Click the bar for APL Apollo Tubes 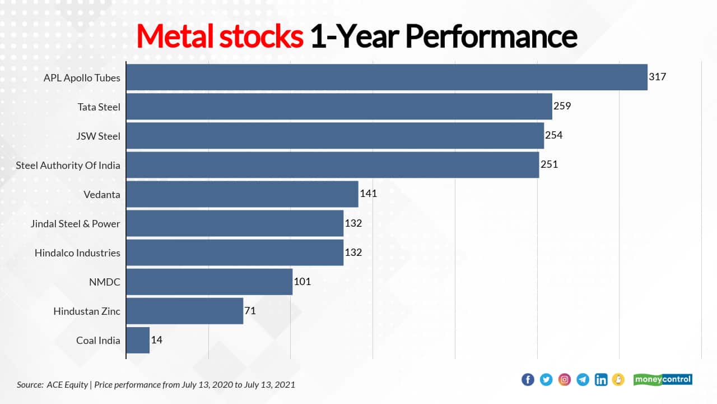pyautogui.click(x=387, y=77)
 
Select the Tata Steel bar pyautogui.click(x=339, y=107)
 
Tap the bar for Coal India pyautogui.click(x=138, y=340)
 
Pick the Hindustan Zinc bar pyautogui.click(x=185, y=311)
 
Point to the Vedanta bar pyautogui.click(x=242, y=194)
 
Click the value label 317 pyautogui.click(x=657, y=77)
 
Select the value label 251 pyautogui.click(x=549, y=164)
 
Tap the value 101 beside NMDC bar pyautogui.click(x=302, y=282)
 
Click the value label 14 pyautogui.click(x=157, y=340)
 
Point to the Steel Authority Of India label pyautogui.click(x=68, y=166)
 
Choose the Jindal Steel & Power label pyautogui.click(x=76, y=224)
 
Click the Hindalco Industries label pyautogui.click(x=77, y=253)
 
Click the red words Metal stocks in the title pyautogui.click(x=220, y=36)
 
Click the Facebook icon pyautogui.click(x=528, y=380)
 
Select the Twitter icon pyautogui.click(x=546, y=380)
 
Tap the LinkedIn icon pyautogui.click(x=601, y=380)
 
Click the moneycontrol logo pyautogui.click(x=663, y=380)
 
